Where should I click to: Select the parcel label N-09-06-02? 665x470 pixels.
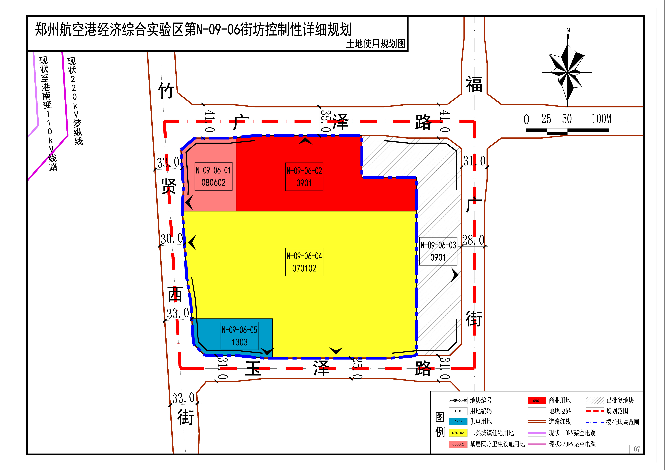pos(304,171)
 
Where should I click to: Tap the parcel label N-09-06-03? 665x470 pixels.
pos(438,245)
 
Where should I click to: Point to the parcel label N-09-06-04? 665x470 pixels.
pos(304,256)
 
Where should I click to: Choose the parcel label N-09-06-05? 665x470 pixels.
pos(240,330)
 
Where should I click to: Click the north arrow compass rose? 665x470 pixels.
pos(567,72)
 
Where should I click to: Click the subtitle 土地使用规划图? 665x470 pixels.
pos(376,44)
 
